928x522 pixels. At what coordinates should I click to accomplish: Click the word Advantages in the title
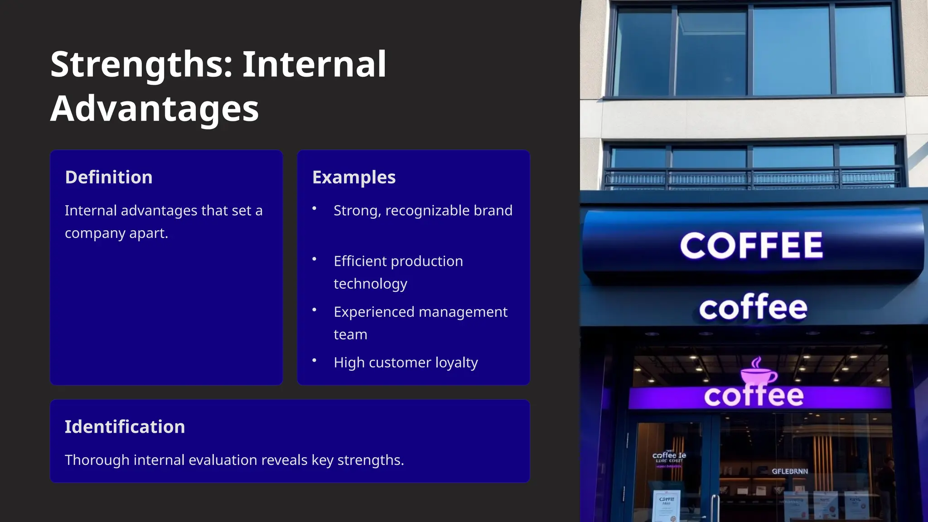155,109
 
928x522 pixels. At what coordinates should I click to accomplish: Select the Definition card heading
109,177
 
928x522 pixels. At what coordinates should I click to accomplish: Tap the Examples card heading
354,177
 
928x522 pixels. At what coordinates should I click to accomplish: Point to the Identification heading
125,427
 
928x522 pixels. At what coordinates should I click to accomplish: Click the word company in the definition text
95,233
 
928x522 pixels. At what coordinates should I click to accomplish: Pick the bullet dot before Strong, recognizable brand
314,208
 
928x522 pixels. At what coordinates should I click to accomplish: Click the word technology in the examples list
370,284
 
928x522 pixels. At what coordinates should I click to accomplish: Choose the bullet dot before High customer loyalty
314,361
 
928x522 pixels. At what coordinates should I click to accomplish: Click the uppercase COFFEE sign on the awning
751,246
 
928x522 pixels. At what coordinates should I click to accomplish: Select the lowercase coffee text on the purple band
754,396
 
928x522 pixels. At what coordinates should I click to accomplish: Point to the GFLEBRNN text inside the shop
790,471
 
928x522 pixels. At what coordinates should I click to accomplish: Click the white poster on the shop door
667,505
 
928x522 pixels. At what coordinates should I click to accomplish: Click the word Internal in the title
314,65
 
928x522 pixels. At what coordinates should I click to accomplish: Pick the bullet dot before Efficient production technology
314,259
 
